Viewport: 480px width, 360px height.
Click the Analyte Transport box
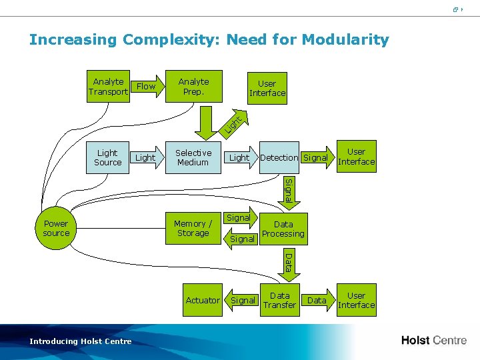coord(108,87)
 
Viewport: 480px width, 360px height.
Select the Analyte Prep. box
coord(193,87)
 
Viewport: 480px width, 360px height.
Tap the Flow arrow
coord(147,87)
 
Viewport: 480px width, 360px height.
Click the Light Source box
coord(107,157)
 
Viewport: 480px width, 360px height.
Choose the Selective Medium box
coord(193,157)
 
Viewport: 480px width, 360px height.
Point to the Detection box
coord(279,158)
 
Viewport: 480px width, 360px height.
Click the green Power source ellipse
coord(56,229)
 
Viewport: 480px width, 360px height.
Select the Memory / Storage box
coord(193,229)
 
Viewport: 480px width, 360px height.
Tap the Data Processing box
coord(283,229)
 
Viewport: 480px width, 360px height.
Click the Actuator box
coord(203,301)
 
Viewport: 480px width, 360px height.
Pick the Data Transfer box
coord(279,301)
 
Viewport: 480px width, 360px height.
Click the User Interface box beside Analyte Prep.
coord(267,89)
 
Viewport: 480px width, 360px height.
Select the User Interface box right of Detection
coord(357,157)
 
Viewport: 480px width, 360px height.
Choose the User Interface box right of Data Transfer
coord(357,301)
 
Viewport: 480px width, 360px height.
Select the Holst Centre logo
coord(433,341)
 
